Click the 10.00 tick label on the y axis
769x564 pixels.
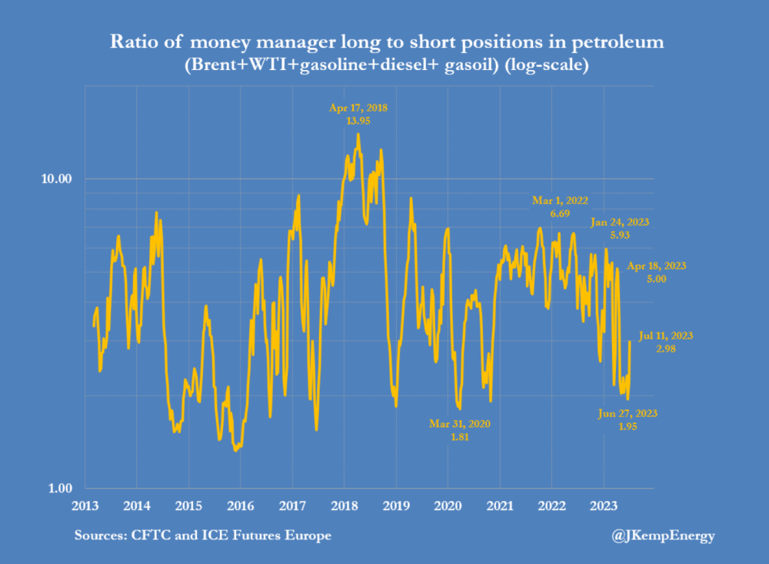(55, 179)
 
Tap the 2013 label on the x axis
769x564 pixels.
(85, 506)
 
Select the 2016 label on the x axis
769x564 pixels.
(240, 506)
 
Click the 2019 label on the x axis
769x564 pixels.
(396, 506)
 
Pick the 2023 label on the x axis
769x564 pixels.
(604, 506)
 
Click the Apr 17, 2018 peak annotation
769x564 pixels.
(358, 108)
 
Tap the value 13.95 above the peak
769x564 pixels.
(358, 122)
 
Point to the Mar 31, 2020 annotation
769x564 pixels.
(460, 423)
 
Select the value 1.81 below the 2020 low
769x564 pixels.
(460, 436)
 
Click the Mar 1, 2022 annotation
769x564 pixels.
(560, 201)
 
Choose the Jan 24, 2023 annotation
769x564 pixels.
(621, 222)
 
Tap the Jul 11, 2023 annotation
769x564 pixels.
(665, 335)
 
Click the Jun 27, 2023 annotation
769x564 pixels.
(628, 413)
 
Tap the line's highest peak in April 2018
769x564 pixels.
(358, 135)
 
